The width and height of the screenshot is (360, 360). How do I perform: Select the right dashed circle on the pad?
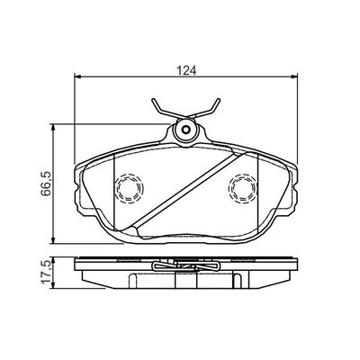[241, 187]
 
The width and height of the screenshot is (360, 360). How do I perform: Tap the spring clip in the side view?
[186, 268]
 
